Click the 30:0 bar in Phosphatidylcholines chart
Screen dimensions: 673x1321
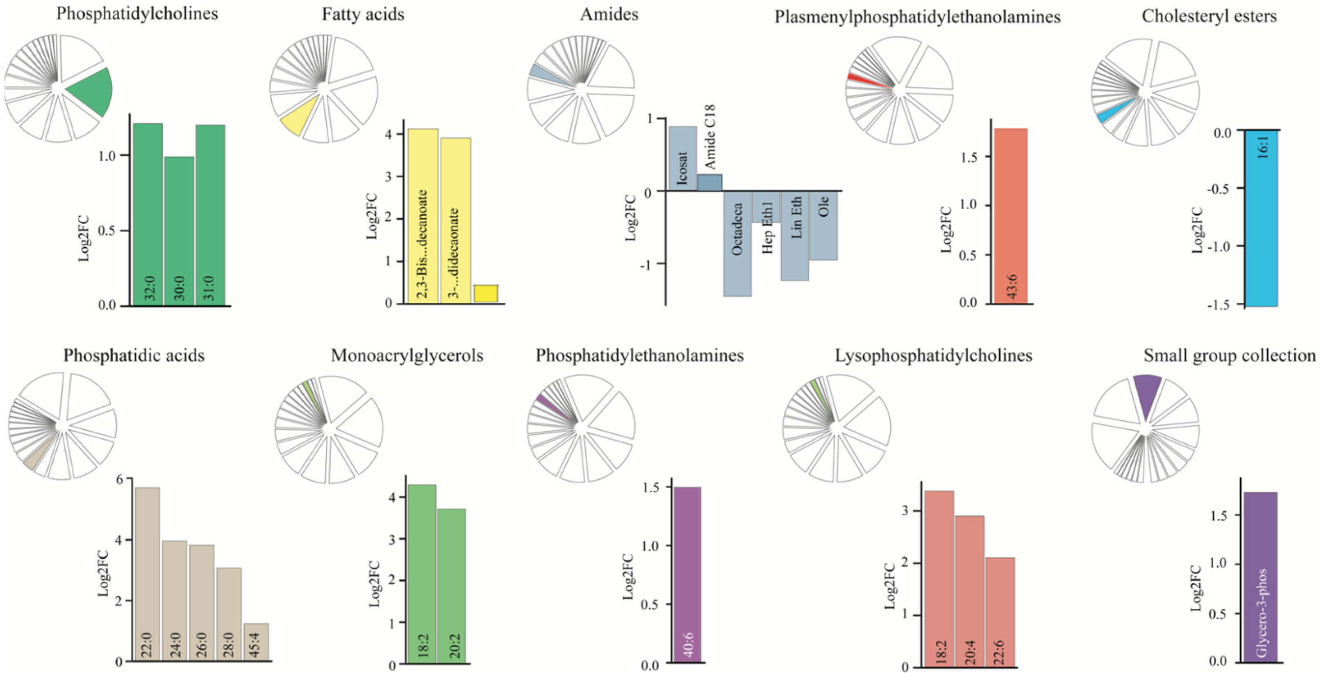[179, 231]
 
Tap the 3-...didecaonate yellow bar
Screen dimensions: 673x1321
[455, 220]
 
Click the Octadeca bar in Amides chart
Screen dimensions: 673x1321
[737, 243]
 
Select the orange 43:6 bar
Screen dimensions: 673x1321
[1010, 215]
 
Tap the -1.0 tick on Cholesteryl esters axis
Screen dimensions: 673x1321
[1223, 246]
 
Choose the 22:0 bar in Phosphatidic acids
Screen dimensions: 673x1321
[146, 574]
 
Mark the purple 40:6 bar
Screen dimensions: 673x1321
[687, 574]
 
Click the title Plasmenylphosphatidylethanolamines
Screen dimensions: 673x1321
[917, 17]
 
